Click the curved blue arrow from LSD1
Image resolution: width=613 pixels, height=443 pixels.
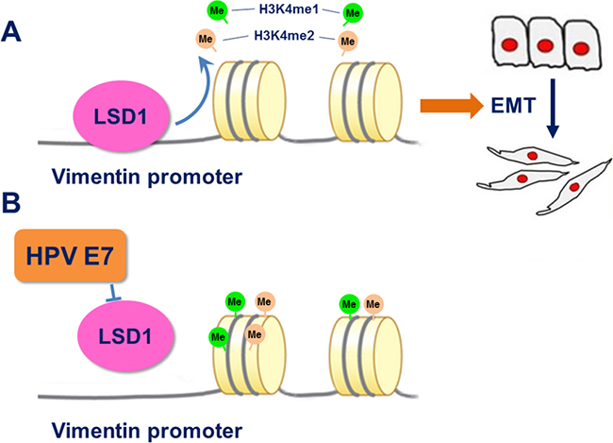[x=192, y=90]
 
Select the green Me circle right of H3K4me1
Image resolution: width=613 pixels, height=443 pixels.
[x=354, y=12]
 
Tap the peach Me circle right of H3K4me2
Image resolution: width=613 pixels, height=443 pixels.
[x=347, y=41]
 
